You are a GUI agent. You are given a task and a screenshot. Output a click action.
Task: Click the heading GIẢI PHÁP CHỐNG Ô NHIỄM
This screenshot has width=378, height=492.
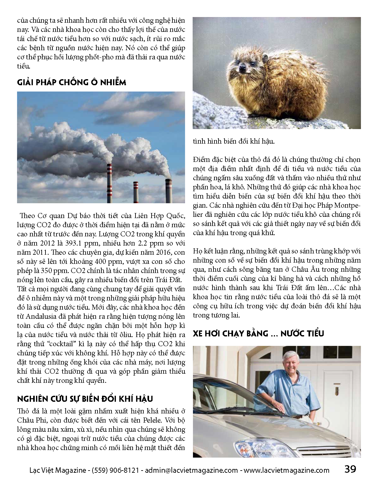click(x=72, y=82)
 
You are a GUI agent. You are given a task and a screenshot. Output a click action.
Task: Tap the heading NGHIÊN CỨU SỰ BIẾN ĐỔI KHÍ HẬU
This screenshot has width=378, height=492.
click(x=85, y=399)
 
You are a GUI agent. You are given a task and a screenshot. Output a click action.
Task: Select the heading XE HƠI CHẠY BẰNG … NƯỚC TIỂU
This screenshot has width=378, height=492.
click(x=258, y=333)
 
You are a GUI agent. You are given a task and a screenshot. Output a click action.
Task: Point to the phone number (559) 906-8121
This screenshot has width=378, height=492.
click(x=115, y=470)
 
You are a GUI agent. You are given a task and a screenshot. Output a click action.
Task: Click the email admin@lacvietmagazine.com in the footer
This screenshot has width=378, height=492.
click(x=191, y=470)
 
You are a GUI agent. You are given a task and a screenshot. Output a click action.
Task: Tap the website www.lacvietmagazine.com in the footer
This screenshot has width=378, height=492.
click(x=286, y=470)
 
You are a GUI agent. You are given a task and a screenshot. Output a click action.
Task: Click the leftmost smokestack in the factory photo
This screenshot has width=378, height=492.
click(x=109, y=183)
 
